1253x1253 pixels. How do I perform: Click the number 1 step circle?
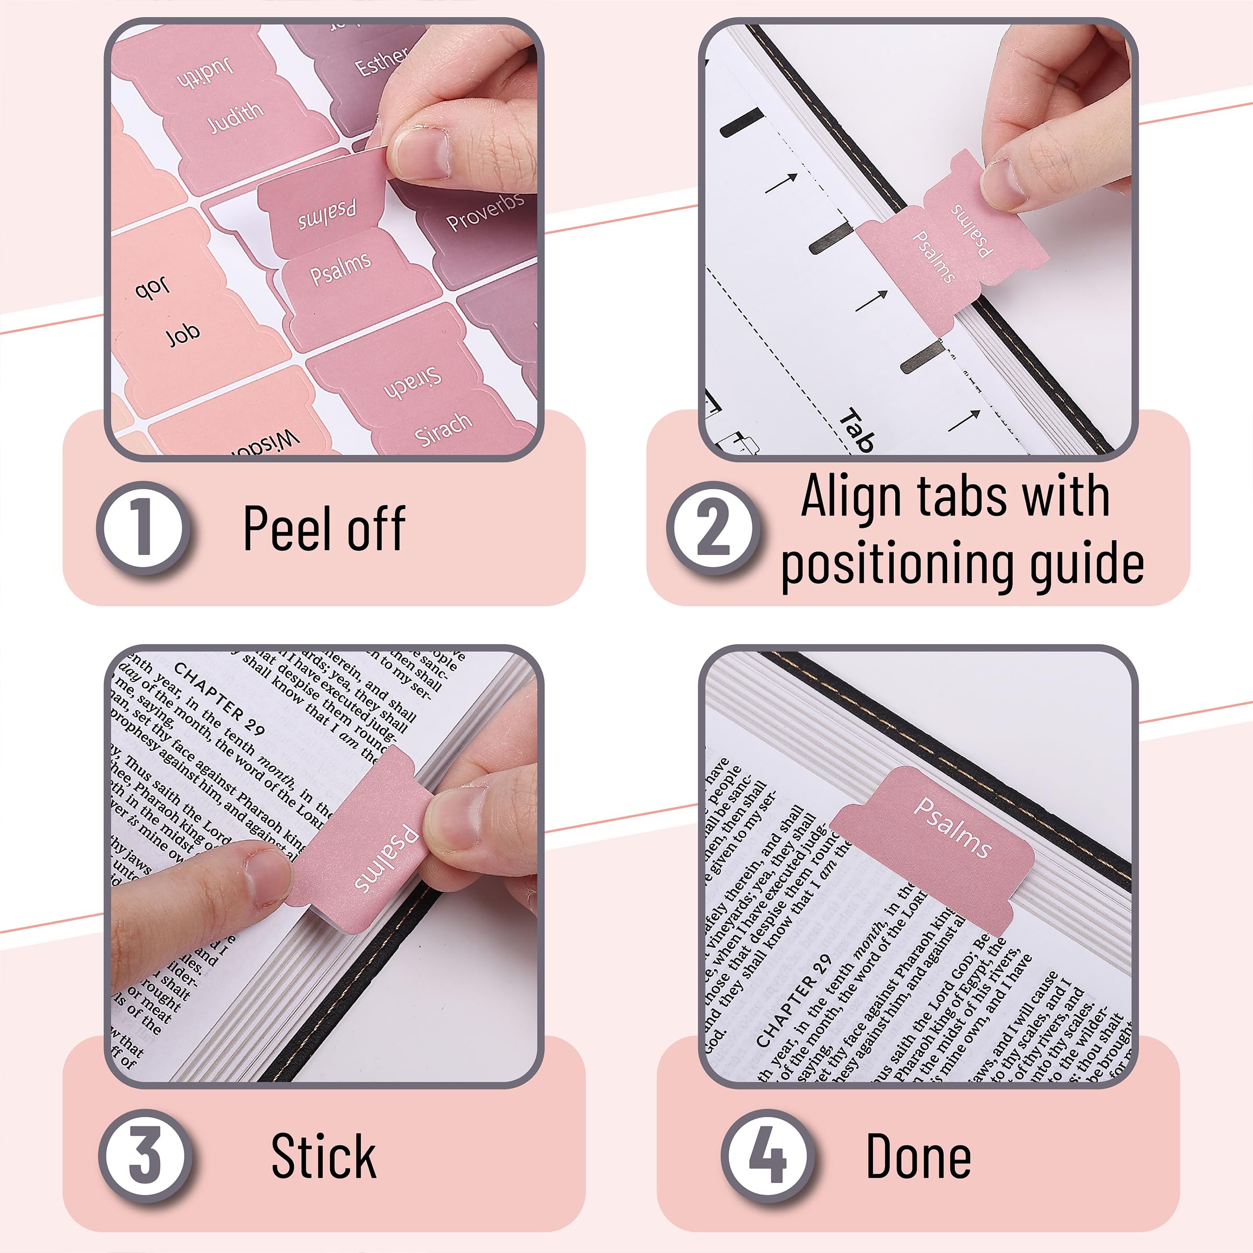[x=144, y=528]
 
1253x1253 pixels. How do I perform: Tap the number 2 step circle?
[x=713, y=528]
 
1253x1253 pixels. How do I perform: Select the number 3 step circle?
[x=145, y=1155]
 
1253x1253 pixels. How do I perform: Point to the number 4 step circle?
[x=768, y=1155]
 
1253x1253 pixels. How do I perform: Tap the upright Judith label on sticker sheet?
[x=235, y=118]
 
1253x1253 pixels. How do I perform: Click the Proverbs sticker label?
[x=484, y=211]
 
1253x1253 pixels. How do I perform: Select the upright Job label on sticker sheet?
[x=182, y=335]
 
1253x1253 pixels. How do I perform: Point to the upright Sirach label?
[x=443, y=429]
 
